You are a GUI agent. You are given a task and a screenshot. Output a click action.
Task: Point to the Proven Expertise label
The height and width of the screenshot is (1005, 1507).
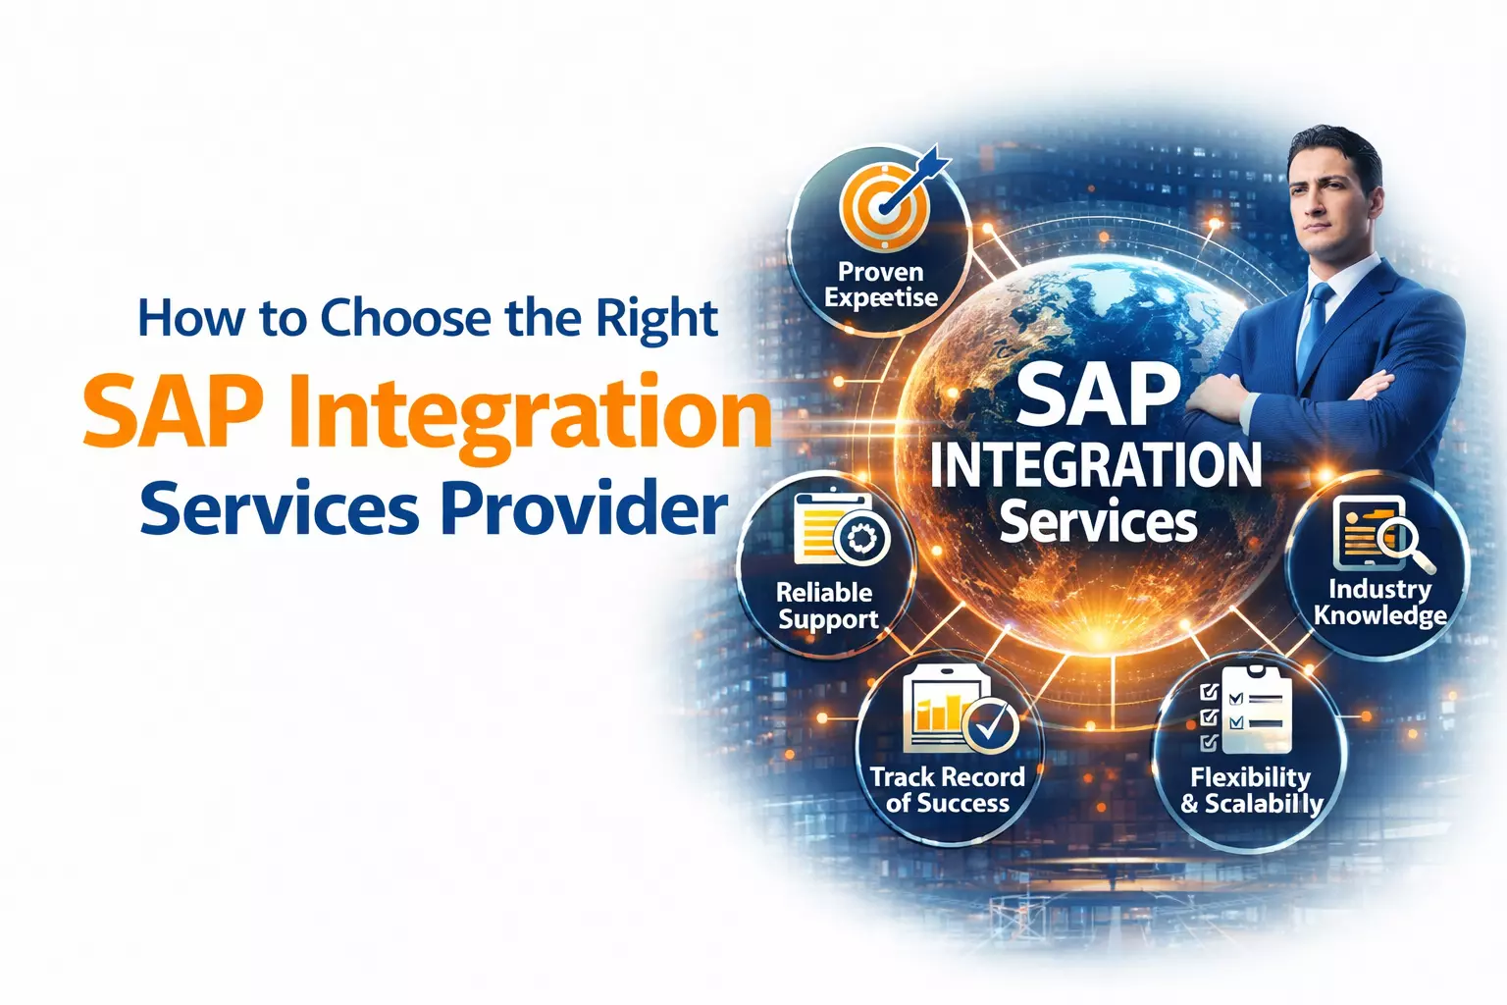click(881, 285)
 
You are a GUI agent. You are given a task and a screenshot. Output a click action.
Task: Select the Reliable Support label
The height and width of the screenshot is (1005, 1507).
click(826, 606)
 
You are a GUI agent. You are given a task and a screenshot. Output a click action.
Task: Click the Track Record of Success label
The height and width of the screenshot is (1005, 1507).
click(947, 790)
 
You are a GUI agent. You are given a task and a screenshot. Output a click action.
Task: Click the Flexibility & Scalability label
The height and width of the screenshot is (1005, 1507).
click(1251, 791)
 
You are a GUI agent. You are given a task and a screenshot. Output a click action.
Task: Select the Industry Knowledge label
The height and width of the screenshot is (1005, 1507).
click(1379, 602)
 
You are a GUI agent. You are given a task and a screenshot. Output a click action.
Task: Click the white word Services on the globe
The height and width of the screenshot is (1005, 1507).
click(1098, 521)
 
